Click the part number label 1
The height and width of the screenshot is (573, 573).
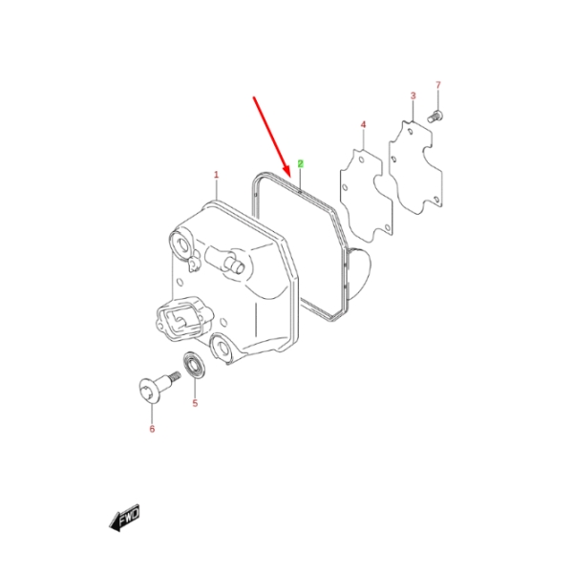(x=216, y=175)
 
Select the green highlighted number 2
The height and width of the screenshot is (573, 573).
(x=301, y=163)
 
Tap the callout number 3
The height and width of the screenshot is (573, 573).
(x=413, y=95)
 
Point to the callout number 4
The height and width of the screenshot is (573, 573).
(x=363, y=124)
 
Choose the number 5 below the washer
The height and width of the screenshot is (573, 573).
(x=195, y=403)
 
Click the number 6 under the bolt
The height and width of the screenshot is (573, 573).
(x=152, y=429)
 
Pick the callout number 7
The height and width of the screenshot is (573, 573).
(x=438, y=85)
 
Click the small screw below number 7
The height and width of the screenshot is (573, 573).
(x=435, y=117)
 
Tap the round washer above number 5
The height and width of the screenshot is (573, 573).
(x=193, y=365)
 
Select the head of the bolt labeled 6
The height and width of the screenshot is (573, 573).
(x=149, y=391)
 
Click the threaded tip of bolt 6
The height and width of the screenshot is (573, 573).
(x=176, y=376)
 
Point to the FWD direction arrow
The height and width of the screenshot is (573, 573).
(x=124, y=518)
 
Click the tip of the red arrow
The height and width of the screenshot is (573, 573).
(x=288, y=178)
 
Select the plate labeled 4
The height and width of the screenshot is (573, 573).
(x=367, y=195)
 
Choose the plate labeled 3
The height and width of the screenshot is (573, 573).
(x=415, y=167)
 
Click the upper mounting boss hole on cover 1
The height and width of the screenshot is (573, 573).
(x=182, y=243)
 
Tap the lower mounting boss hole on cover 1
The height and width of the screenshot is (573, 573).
(x=223, y=348)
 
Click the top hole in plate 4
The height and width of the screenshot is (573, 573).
(x=361, y=160)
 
